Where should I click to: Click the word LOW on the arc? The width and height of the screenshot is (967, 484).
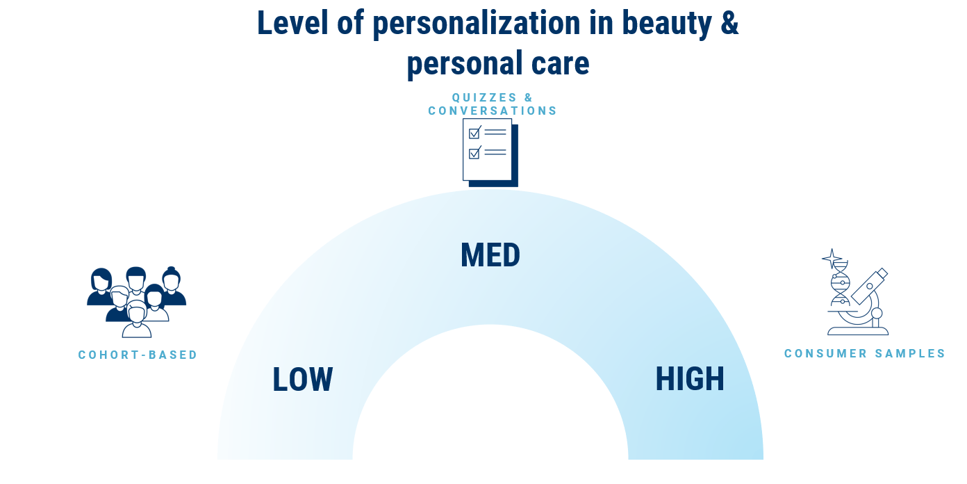302,379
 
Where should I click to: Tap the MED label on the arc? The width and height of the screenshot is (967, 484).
490,255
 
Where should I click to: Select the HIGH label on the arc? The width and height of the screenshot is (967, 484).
689,379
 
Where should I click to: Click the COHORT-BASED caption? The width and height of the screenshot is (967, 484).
138,355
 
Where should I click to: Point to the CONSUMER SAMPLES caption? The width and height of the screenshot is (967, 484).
865,353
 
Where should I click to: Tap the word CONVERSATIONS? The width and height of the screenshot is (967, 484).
493,111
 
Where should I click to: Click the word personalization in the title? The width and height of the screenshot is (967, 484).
477,24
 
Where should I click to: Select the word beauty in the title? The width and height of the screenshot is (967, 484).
667,24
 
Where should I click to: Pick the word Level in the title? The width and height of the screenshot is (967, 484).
292,22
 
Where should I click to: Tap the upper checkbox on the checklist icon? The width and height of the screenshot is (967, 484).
474,133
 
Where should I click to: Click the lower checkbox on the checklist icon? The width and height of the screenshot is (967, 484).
474,153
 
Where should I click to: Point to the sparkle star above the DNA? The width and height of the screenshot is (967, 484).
832,259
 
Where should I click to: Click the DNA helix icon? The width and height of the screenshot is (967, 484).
840,284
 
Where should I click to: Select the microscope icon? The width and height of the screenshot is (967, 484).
859,302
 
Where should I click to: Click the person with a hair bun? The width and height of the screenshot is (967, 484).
172,286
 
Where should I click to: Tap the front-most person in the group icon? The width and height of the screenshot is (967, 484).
137,319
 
